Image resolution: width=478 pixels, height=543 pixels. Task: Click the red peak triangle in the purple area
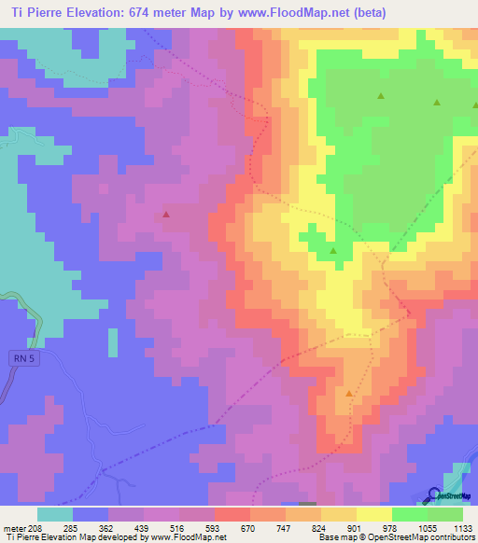(x=166, y=215)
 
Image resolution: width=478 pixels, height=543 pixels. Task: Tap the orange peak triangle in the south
(x=349, y=394)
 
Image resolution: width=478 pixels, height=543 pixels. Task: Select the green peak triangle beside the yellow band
(x=333, y=251)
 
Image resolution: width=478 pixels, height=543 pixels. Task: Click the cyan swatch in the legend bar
(x=55, y=513)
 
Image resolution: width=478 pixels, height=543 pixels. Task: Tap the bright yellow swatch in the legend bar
(x=374, y=513)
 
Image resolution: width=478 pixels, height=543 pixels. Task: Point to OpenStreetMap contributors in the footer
(x=420, y=536)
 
